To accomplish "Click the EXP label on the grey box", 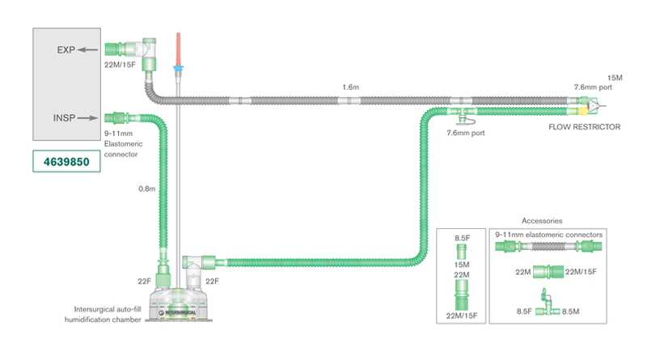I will [x=66, y=49].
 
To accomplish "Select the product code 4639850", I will [x=67, y=162].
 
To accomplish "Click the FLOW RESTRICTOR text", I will [x=586, y=127].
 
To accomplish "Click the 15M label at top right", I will [x=614, y=78].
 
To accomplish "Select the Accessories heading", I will [x=542, y=220].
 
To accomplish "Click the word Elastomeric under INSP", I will [x=123, y=143].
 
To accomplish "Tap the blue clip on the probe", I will [x=178, y=70].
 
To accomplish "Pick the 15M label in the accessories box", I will [x=462, y=265].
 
